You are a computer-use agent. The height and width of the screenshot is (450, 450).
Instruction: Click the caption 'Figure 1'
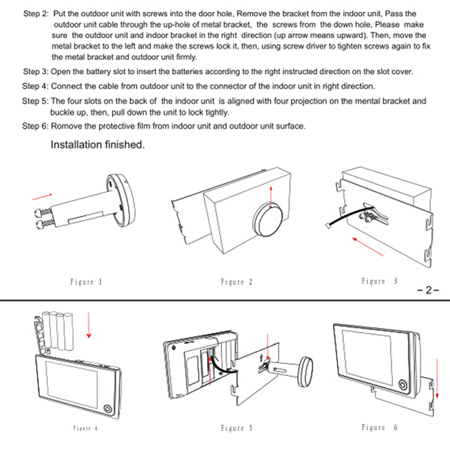pyautogui.click(x=86, y=282)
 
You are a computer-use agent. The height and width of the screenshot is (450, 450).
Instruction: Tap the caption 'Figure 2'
pyautogui.click(x=232, y=282)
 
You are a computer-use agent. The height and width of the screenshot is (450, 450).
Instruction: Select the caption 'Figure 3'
pyautogui.click(x=379, y=281)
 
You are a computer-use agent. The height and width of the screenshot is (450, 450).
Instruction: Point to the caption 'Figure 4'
pyautogui.click(x=85, y=428)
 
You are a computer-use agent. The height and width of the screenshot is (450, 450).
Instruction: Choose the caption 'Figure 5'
pyautogui.click(x=232, y=428)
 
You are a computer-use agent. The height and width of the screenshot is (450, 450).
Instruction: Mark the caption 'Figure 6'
pyautogui.click(x=379, y=427)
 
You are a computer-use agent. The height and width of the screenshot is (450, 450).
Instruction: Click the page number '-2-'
pyautogui.click(x=428, y=291)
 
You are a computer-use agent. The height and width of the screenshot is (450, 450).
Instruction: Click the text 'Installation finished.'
pyautogui.click(x=98, y=145)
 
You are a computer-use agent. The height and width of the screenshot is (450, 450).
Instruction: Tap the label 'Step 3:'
pyautogui.click(x=35, y=72)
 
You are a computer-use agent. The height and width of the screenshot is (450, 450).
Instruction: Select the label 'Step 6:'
pyautogui.click(x=35, y=126)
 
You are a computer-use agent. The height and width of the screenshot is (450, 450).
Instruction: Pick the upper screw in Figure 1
pyautogui.click(x=44, y=213)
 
